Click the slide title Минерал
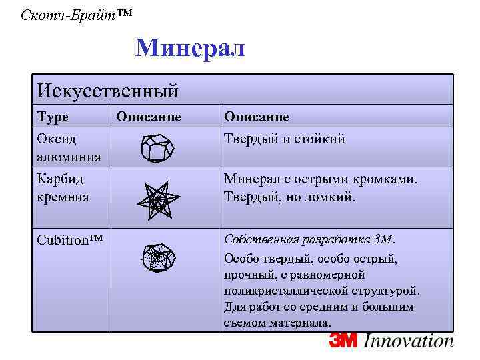190,48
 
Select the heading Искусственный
107,89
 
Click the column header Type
53,117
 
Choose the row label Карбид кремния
63,189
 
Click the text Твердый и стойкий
284,139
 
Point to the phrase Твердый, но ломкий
290,198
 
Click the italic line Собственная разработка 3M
310,239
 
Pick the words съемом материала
277,323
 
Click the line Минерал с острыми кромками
321,179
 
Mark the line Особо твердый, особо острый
311,259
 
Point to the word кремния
63,198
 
